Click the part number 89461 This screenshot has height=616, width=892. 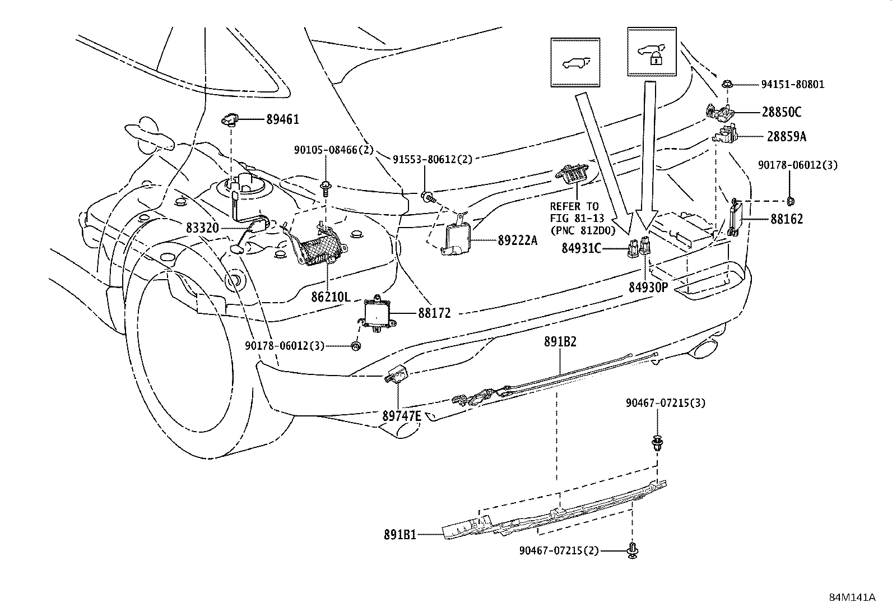pos(282,119)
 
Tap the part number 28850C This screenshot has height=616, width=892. pos(781,112)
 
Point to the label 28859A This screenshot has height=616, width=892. pos(787,136)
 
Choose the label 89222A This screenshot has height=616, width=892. pos(517,240)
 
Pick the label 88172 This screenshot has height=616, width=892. pos(434,314)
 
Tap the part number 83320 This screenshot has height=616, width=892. pos(203,228)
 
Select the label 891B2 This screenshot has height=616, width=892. pos(560,341)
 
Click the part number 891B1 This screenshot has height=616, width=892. pos(400,535)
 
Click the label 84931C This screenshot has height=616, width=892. pos(581,247)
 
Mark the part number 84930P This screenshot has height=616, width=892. pos(648,287)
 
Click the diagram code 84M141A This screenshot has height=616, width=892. pos(852,597)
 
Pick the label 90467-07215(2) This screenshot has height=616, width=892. pos(559,551)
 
